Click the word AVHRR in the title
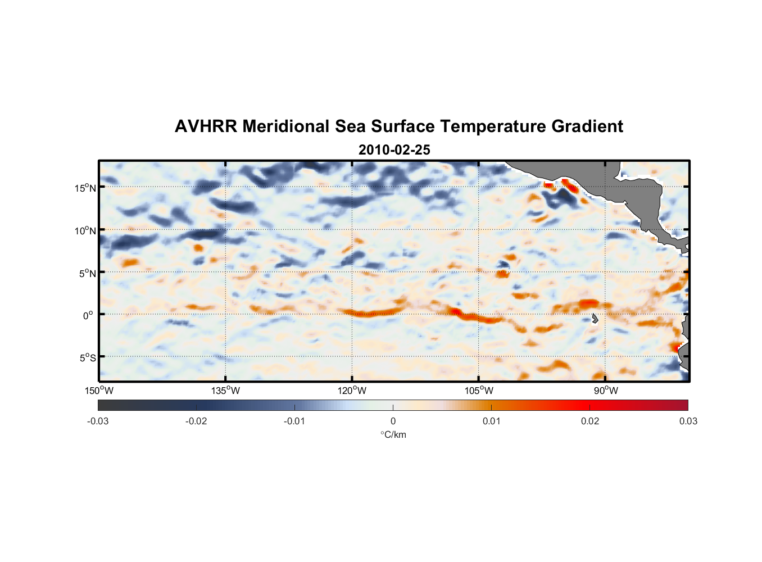(206, 126)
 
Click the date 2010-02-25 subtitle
(394, 150)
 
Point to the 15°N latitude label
(85, 188)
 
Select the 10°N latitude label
(85, 230)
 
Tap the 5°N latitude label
(87, 273)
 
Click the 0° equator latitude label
(88, 316)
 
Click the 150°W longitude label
(99, 391)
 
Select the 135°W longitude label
(225, 391)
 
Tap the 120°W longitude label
(352, 391)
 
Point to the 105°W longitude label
(479, 391)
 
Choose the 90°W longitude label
(606, 391)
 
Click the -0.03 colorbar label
(98, 422)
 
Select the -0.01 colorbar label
(294, 422)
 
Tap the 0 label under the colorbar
(393, 422)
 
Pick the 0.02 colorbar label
(589, 422)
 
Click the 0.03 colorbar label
(688, 422)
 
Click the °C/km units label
(393, 435)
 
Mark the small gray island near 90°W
(595, 319)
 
